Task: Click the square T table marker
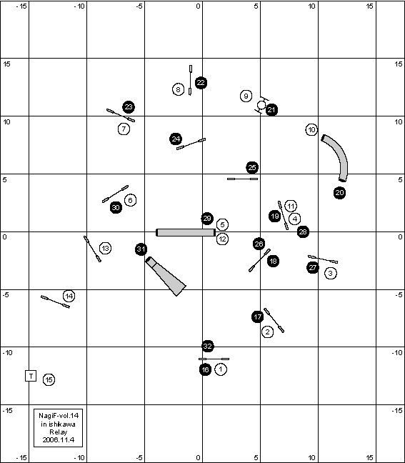31,376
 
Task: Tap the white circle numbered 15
49,379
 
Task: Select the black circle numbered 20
339,193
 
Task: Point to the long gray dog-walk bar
186,232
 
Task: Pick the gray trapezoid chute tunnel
166,276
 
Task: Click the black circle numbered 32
208,346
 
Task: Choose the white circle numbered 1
221,369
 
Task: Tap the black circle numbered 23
129,107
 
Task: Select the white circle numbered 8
178,89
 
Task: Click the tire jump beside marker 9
261,105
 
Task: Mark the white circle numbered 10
311,129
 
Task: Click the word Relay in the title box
58,432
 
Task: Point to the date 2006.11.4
58,439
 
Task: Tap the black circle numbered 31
141,249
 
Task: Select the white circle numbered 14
69,296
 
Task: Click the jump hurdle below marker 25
242,179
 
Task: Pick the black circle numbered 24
176,139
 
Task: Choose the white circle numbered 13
106,249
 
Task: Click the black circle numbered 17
258,317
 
